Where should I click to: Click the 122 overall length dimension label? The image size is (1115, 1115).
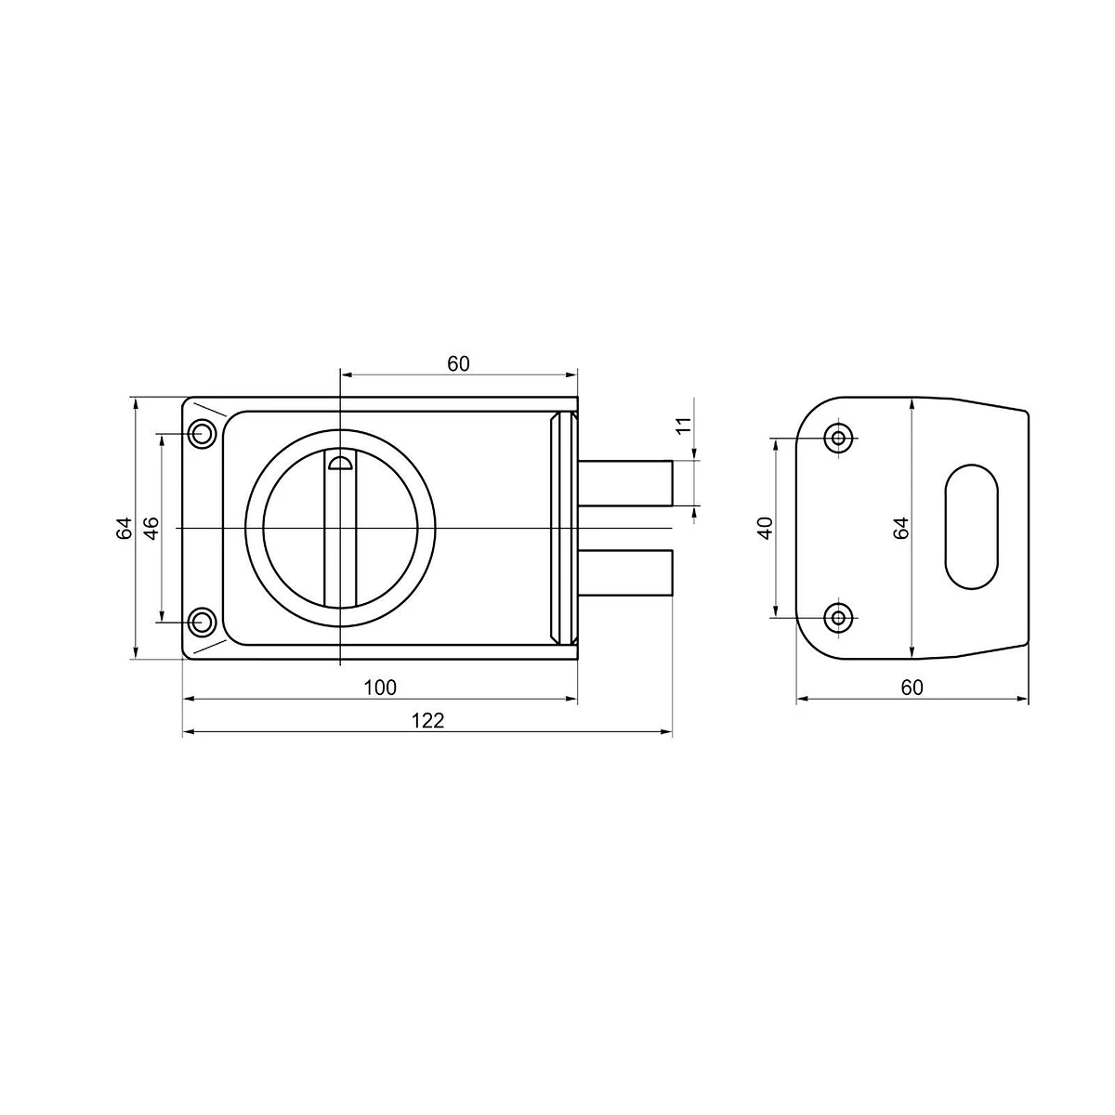(427, 720)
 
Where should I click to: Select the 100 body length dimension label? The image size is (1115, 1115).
(380, 688)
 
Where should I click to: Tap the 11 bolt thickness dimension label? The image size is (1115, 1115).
(684, 426)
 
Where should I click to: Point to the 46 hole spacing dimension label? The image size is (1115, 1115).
(151, 528)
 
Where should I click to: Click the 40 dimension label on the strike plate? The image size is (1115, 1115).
(766, 528)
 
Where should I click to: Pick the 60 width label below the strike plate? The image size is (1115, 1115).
(912, 688)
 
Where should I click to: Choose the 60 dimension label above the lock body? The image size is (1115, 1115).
(458, 364)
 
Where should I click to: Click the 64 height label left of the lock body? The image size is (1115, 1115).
(124, 529)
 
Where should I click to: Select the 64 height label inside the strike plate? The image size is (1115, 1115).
(901, 529)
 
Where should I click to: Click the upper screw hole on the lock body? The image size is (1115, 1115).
(202, 433)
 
